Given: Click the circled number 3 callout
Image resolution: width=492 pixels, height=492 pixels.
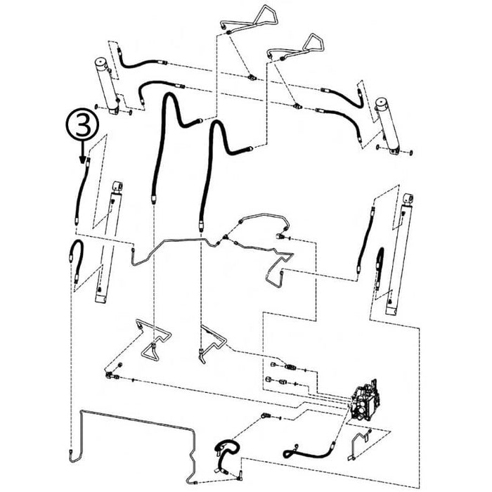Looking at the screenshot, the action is point(82,124).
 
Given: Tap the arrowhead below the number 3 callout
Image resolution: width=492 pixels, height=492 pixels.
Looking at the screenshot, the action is point(82,160).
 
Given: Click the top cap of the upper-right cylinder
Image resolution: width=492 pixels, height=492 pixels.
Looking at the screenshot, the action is point(382,103).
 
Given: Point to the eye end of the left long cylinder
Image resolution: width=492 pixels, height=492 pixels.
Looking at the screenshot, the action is point(117,186).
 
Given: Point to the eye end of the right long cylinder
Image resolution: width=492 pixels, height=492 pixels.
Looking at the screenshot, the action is point(408,199).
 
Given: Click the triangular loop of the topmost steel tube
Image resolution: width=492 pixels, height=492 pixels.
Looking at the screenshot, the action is point(266,15).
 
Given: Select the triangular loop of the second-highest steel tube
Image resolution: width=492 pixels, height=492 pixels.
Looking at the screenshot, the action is point(313,42).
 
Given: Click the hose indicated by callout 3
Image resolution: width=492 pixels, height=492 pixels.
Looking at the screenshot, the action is point(82,191).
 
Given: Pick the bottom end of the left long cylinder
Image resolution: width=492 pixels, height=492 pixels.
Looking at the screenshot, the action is point(101,298).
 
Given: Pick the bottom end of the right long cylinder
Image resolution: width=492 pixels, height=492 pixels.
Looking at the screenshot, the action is point(392,311).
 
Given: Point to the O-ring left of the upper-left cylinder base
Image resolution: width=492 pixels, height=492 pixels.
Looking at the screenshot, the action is point(96,107).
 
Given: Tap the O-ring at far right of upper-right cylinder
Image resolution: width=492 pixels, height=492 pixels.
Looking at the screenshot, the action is point(411,153).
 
